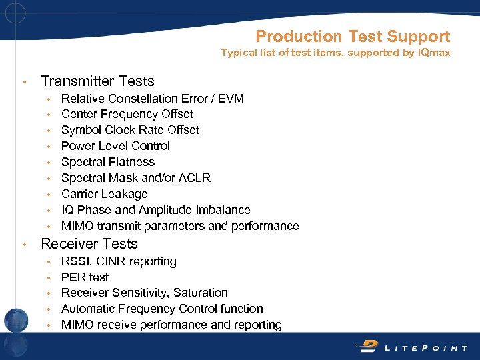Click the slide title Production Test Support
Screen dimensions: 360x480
353,37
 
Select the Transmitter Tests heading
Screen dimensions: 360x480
97,81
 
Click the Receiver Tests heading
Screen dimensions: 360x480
89,244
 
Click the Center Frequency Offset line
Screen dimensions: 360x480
127,114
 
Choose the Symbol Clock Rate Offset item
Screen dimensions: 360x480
130,130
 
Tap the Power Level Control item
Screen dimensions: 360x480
115,146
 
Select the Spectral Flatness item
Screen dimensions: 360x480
107,162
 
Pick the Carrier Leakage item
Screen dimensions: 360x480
104,194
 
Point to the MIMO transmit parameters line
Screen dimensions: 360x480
180,226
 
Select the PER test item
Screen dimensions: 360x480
85,277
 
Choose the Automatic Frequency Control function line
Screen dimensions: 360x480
162,309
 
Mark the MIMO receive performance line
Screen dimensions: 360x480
171,325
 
